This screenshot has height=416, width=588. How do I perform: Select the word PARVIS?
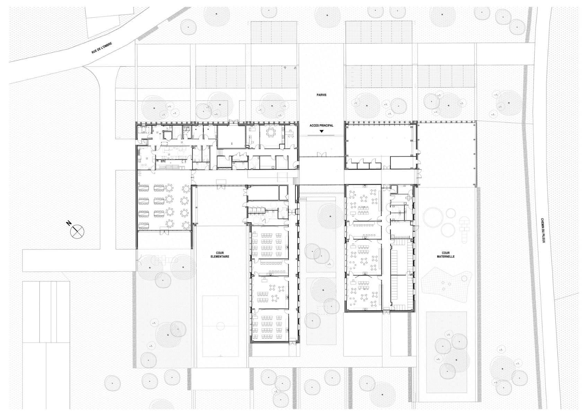(x=322, y=95)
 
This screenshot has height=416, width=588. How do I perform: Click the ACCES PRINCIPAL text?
(x=321, y=125)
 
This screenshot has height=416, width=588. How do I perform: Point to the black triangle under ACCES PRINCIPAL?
(x=322, y=131)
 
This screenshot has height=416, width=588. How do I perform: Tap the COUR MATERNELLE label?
(x=446, y=255)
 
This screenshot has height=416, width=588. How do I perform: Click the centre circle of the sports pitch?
(x=220, y=326)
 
